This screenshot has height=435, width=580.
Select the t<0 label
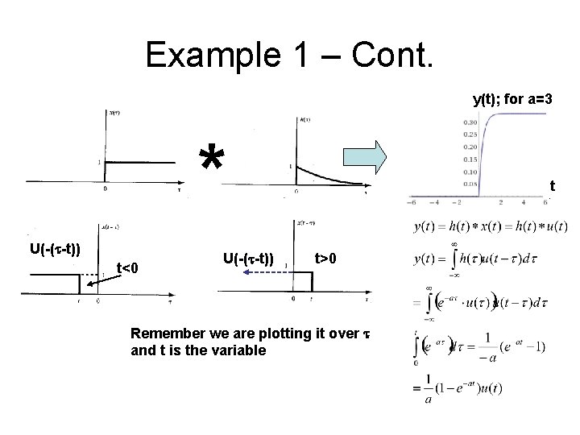point(130,267)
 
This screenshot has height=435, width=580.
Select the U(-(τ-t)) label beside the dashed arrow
point(248,259)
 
